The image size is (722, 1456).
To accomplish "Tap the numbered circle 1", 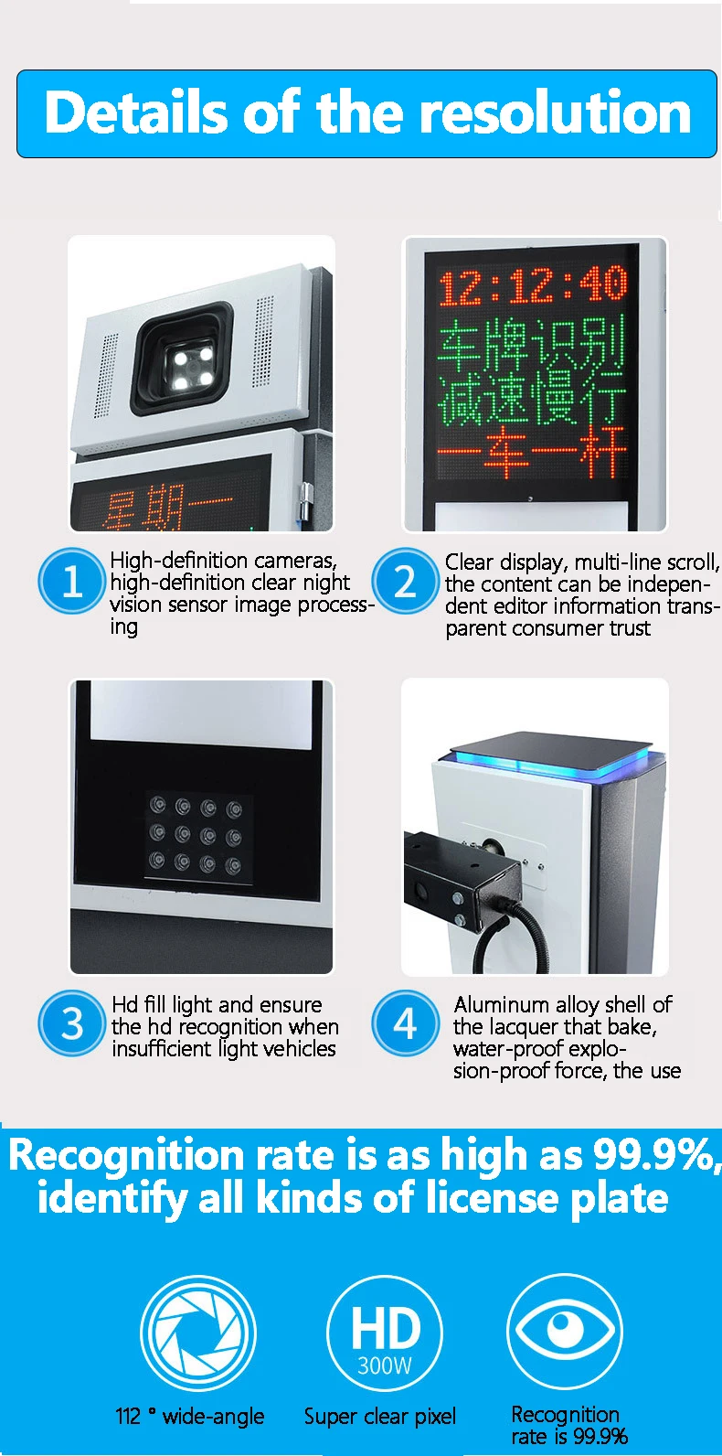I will pos(71,582).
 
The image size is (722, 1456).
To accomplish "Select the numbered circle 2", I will pos(405,582).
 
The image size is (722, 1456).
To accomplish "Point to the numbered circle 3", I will pos(71,1023).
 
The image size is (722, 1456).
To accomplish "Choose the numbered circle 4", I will pos(405,1023).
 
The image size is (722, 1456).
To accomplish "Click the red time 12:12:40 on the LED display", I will pos(532,285).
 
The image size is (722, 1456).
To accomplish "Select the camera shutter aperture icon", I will pos(197,1333).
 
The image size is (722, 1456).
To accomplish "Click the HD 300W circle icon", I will pos(385,1333).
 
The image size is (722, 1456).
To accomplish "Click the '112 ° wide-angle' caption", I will pos(189,1417).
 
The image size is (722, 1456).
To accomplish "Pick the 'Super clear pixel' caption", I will pos(379,1417).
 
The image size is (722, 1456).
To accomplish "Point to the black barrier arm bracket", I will pos(462,878).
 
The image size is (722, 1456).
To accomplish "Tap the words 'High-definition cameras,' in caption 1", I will pos(223,561).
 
